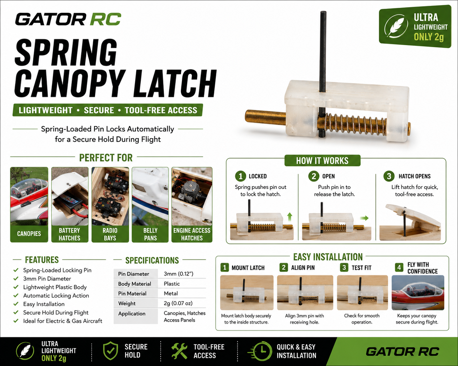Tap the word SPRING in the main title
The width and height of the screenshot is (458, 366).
click(66, 52)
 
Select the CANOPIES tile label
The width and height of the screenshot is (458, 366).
click(29, 234)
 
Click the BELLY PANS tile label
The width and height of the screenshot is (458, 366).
click(150, 234)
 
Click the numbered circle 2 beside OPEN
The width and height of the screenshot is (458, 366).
click(314, 176)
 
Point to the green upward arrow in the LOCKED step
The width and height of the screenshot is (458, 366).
click(289, 217)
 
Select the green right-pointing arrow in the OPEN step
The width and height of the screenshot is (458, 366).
click(364, 218)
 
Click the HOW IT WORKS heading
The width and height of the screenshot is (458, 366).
click(322, 161)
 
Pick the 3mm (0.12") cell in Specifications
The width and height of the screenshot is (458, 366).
click(178, 274)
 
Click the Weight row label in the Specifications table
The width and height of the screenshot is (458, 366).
click(127, 303)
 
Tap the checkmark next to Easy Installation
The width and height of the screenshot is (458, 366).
click(16, 304)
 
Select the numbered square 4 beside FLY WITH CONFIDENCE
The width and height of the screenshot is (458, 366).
click(399, 267)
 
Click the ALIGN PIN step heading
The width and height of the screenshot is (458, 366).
click(303, 267)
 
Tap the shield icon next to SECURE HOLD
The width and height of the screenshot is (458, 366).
click(110, 351)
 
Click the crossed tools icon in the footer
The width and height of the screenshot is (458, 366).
click(179, 351)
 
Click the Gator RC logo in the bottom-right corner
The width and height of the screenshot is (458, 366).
click(402, 352)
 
